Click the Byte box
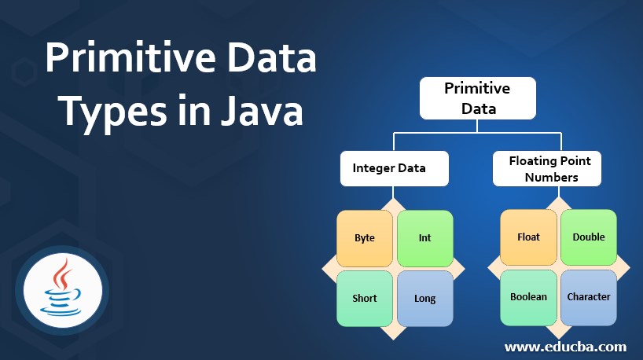click(364, 237)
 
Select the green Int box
click(424, 237)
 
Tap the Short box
click(364, 298)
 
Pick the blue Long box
click(424, 298)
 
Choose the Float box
click(528, 237)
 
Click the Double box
click(588, 237)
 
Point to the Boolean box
click(528, 297)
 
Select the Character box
click(588, 297)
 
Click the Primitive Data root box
click(477, 98)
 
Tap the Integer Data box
click(394, 168)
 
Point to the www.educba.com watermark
click(565, 346)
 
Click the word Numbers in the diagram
click(551, 178)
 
